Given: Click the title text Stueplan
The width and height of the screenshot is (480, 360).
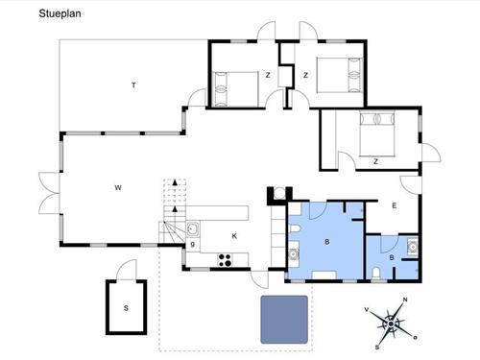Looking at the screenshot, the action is pos(60,13).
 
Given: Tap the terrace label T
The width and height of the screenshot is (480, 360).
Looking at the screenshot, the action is pos(133,85).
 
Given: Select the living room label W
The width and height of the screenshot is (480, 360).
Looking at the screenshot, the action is pos(118,188).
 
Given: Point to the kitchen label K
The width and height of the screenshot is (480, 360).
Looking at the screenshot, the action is pos(234,236).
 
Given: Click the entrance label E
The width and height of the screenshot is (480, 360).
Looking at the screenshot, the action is pos(395,205).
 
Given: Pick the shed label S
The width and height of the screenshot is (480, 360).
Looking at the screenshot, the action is pos(126,308).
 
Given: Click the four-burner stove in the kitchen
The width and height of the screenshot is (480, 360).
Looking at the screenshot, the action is pos(225,259).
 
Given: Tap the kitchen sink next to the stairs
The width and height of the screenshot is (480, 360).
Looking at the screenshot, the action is pos(193,228).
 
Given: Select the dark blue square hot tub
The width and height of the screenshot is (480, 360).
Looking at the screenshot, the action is pos(284,320).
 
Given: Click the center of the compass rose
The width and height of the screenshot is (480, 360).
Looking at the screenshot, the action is pos(391,324).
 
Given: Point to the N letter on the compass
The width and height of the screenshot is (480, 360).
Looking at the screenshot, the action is pos(405,300).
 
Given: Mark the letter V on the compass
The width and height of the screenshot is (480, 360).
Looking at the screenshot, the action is pos(367,309).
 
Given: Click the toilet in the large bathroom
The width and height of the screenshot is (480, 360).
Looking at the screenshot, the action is pos(295,228).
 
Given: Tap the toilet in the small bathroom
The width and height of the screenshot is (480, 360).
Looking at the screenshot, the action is pos(376,274).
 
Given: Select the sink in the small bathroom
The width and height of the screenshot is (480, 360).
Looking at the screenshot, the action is pos(412,247).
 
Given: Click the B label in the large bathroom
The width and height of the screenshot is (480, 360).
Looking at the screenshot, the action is pos(327,242).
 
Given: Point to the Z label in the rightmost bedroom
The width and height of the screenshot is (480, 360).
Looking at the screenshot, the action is pos(375,161).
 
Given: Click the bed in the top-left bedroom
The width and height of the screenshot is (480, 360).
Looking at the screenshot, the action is pos(235,89).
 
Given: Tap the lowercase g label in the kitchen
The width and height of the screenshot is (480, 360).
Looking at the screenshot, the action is pos(193,244).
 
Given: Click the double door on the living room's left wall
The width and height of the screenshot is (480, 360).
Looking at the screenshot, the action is pos(49,194).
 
